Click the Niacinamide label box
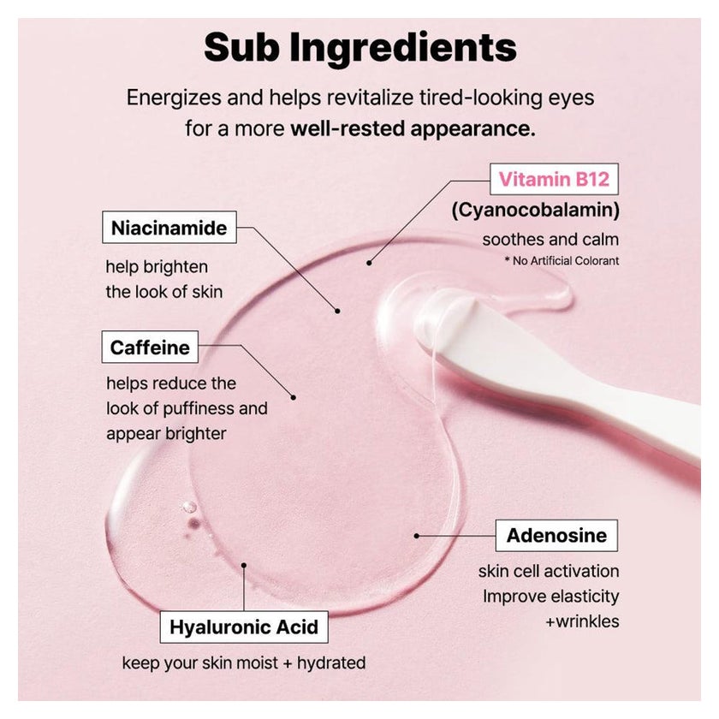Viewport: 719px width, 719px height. [x=169, y=227]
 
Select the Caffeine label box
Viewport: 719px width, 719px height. [x=150, y=347]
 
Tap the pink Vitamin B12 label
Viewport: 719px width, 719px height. [x=554, y=179]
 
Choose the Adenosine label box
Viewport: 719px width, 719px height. [x=556, y=535]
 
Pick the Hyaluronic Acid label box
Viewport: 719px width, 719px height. [x=244, y=627]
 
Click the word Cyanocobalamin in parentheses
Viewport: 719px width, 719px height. [x=536, y=210]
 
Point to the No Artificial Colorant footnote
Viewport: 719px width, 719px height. [x=562, y=260]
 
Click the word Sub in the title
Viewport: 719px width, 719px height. [x=241, y=47]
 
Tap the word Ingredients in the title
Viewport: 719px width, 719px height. [x=403, y=48]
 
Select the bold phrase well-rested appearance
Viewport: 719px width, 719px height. [x=413, y=128]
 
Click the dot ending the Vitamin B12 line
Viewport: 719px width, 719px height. [x=369, y=263]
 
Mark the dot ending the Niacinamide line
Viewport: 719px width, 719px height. [x=337, y=311]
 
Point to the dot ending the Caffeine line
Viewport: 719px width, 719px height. [x=294, y=397]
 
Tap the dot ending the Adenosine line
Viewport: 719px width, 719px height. [x=416, y=536]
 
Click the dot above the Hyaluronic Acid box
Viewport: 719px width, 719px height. [x=244, y=566]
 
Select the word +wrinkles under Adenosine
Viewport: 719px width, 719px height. [x=582, y=621]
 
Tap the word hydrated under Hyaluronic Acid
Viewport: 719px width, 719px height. [x=331, y=663]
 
